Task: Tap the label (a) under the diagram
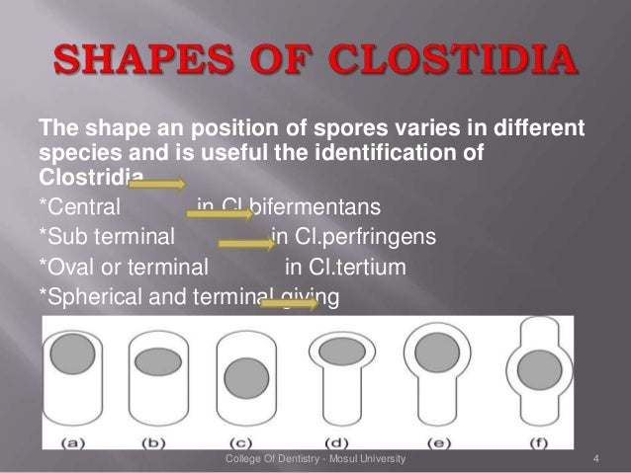(x=72, y=435)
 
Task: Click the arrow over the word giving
(x=287, y=304)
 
